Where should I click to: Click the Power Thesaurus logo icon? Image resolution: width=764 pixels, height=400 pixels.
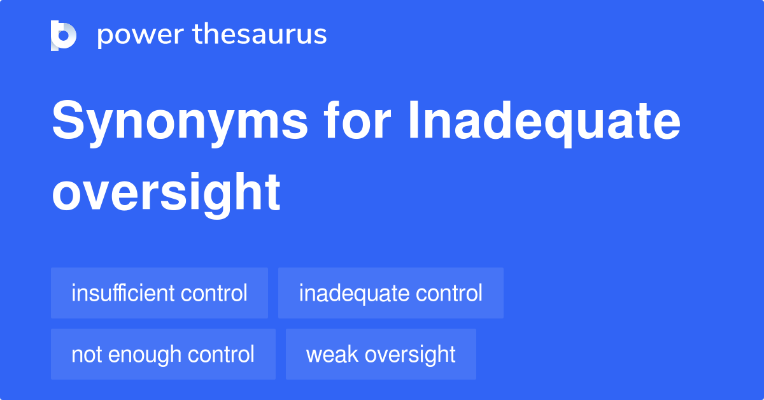[64, 36]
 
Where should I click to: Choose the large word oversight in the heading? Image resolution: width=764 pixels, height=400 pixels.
[166, 193]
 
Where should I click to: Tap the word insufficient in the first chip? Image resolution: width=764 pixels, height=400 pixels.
[123, 294]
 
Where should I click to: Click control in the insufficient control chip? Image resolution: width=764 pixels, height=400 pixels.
[214, 294]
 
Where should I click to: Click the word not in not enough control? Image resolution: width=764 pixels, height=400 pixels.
[85, 355]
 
